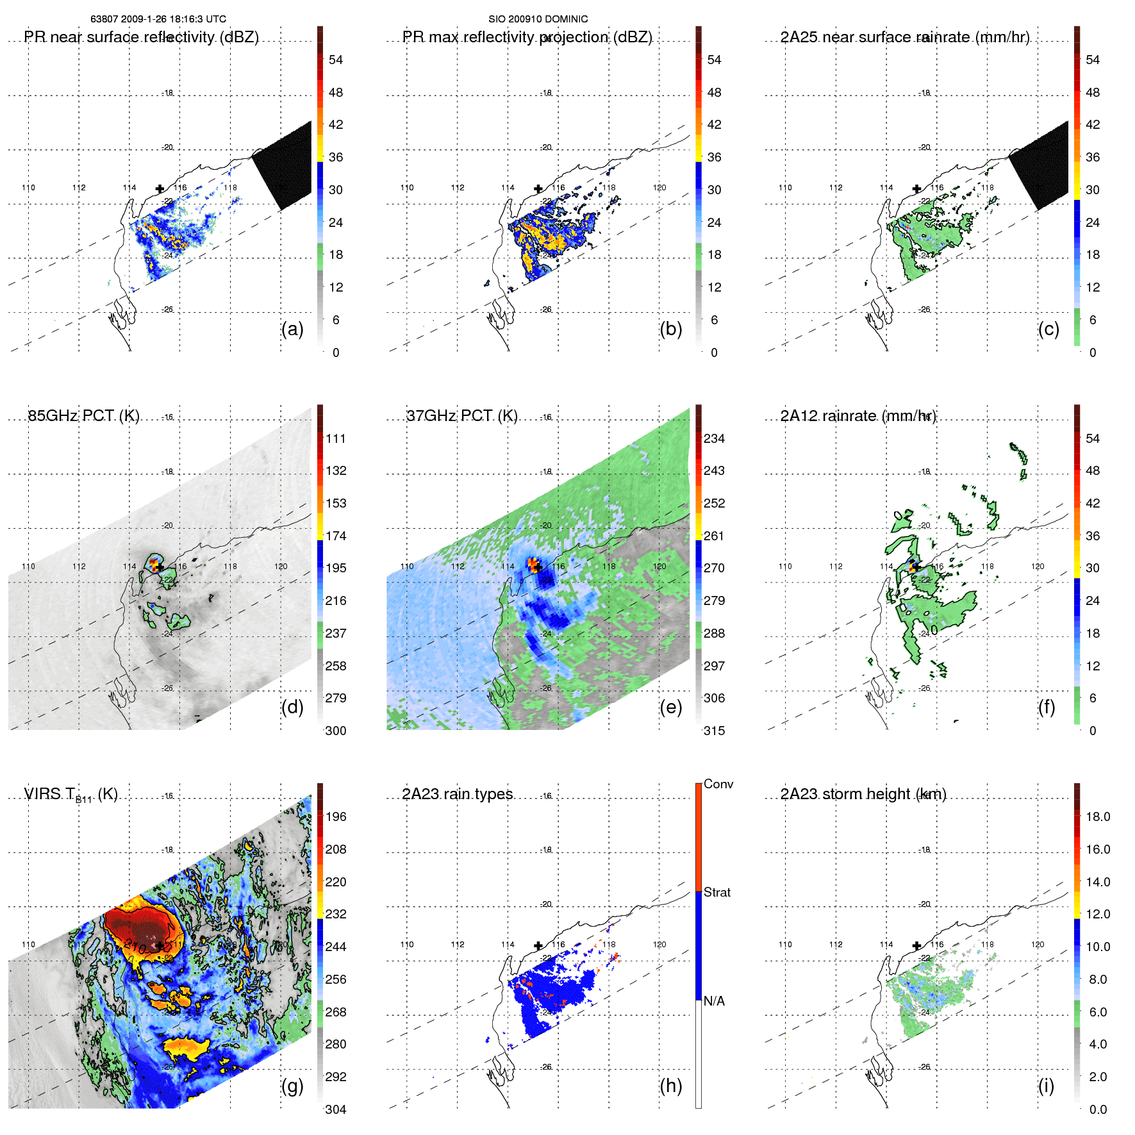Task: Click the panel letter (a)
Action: [x=292, y=329]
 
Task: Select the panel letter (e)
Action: [x=670, y=708]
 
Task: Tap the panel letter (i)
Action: [x=1046, y=1086]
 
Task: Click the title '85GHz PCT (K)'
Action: [x=83, y=416]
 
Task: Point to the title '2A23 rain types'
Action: [x=458, y=794]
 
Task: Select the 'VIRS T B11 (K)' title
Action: [x=70, y=795]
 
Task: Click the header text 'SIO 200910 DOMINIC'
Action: [x=538, y=19]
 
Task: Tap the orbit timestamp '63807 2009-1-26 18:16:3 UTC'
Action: [x=158, y=19]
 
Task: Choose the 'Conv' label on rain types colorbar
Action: [x=718, y=784]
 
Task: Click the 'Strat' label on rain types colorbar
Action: [x=717, y=892]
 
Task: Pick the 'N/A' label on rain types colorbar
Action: [x=714, y=1001]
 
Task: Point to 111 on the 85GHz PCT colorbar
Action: [x=336, y=438]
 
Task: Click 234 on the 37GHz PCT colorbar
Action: [x=714, y=438]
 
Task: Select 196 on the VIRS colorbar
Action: [x=336, y=816]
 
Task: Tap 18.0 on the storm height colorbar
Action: [x=1098, y=816]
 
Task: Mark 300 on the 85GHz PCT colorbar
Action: [x=336, y=731]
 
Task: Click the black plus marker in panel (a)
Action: [x=160, y=188]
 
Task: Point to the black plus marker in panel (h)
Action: [x=538, y=945]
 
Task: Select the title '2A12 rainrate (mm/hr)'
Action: [x=858, y=416]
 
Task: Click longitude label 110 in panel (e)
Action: [x=407, y=567]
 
